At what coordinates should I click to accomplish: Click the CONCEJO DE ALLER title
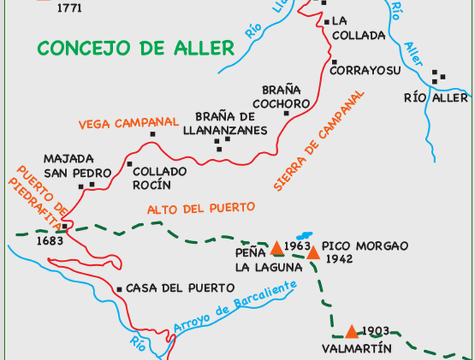[136, 48]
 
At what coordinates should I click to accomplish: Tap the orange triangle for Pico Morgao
[313, 253]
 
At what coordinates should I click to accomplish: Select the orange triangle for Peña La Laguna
[277, 248]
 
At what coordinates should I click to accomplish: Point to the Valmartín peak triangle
[351, 331]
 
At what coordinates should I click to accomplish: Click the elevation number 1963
[297, 246]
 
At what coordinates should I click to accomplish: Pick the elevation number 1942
[339, 259]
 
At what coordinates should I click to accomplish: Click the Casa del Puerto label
[171, 288]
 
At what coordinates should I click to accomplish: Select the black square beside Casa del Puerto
[119, 289]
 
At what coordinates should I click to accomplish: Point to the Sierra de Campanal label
[319, 141]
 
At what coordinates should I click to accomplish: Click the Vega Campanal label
[129, 122]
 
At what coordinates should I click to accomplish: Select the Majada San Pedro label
[78, 166]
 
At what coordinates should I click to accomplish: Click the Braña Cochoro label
[286, 96]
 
